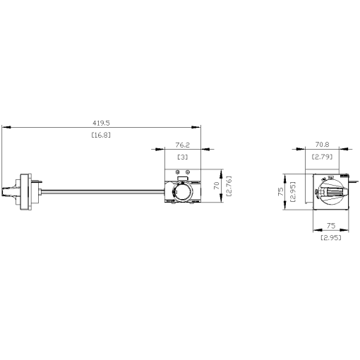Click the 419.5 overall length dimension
102,121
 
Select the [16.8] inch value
102,134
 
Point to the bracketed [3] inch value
182,156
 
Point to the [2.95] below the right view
330,239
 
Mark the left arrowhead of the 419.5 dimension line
5,127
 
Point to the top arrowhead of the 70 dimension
222,172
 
